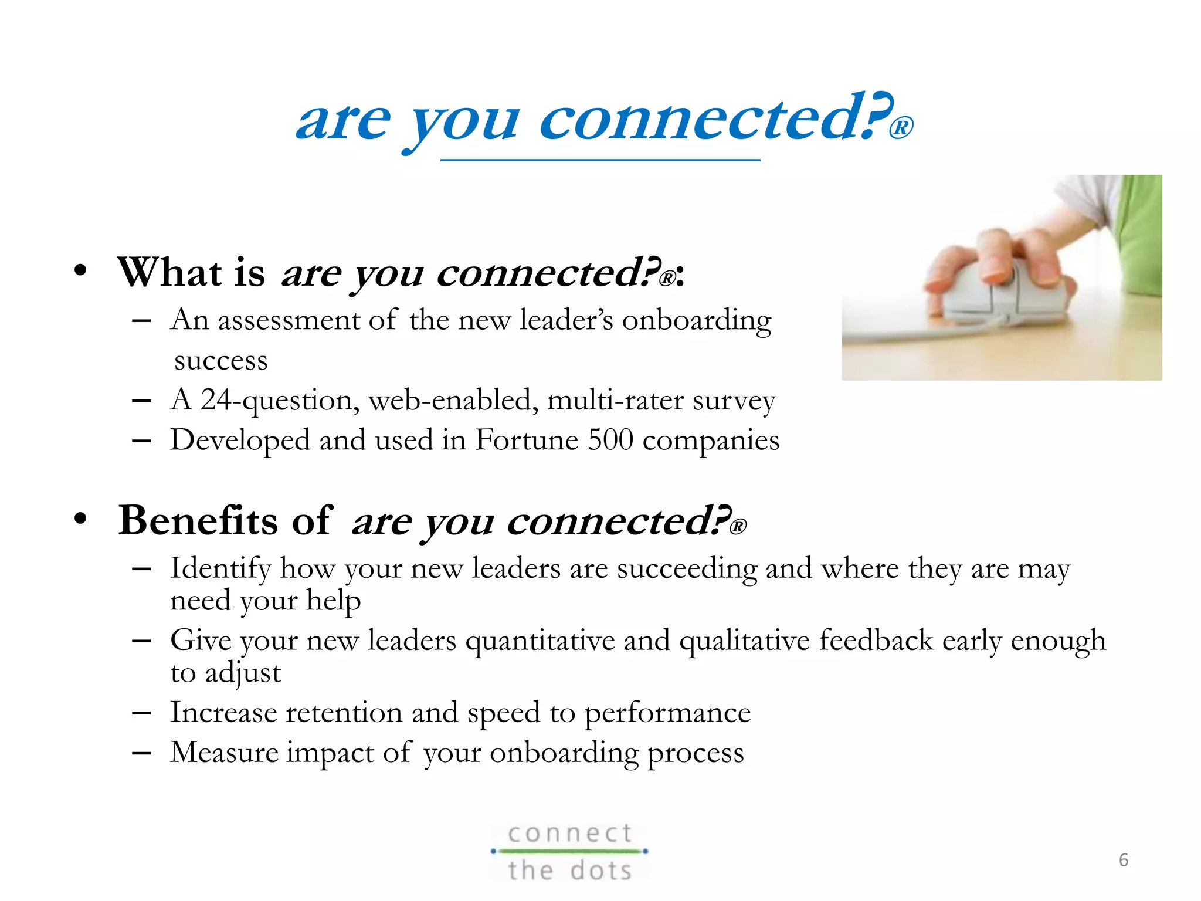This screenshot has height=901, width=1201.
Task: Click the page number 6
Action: pos(1123,860)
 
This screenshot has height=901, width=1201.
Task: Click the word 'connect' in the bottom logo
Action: pos(570,834)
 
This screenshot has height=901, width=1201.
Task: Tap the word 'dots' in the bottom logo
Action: pos(601,870)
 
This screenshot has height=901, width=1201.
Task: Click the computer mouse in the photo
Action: pos(997,293)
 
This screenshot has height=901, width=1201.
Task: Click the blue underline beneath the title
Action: pos(600,160)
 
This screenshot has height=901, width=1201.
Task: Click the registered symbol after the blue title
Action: pos(901,128)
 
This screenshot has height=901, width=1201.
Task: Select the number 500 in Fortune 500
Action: pos(610,440)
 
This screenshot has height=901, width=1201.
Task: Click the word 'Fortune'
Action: pos(527,440)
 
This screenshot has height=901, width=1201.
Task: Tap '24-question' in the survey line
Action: pos(276,401)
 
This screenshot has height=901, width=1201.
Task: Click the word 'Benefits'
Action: pos(198,521)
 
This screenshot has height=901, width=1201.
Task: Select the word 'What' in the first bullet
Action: pos(170,273)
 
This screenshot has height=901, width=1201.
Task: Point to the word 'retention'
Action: pos(344,713)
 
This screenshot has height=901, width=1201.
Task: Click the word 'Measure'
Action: pos(224,753)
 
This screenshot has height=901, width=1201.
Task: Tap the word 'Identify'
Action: pos(220,569)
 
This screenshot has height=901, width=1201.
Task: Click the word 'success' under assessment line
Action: pos(221,360)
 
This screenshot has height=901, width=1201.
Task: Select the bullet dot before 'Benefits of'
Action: pos(80,520)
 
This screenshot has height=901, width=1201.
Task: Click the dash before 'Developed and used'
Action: pos(141,441)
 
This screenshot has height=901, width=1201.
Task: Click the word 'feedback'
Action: pos(876,641)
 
